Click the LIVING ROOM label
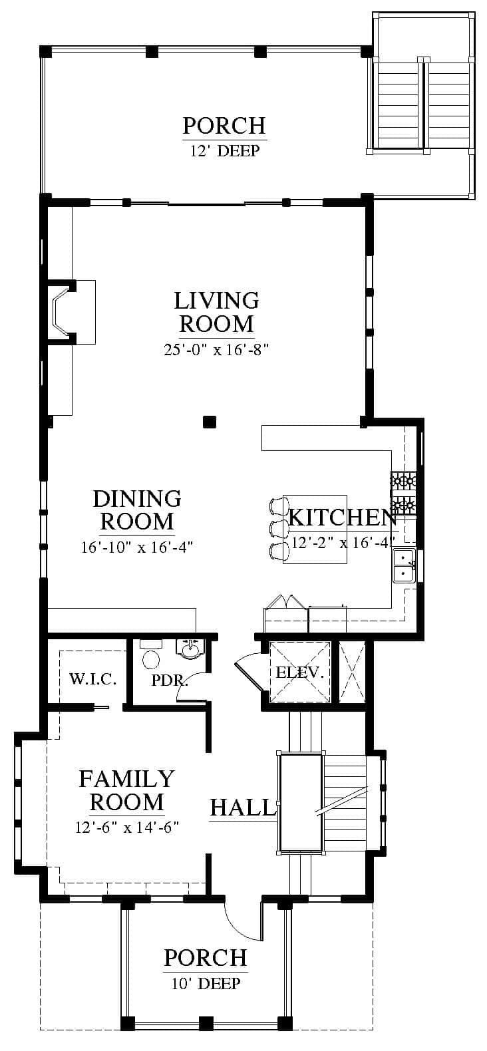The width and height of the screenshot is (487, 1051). [217, 312]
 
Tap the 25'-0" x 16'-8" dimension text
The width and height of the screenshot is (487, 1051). [216, 350]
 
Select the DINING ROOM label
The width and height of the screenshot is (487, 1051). [137, 510]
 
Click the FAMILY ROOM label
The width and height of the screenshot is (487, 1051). [126, 790]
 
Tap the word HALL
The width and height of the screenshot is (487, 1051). [242, 808]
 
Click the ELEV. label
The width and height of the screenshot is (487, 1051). [300, 673]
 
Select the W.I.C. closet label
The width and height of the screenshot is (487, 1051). [93, 679]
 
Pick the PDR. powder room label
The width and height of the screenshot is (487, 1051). [170, 680]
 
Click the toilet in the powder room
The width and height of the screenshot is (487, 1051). [151, 654]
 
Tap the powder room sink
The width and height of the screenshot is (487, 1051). [192, 650]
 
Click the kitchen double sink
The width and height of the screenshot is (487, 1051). [405, 565]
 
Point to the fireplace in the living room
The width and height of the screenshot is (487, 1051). [71, 312]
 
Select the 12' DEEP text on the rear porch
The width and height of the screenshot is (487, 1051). [224, 150]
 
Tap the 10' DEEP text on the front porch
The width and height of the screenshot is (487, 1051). [206, 983]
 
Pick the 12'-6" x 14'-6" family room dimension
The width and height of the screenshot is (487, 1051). [127, 826]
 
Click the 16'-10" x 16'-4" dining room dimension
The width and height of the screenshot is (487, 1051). [137, 547]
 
